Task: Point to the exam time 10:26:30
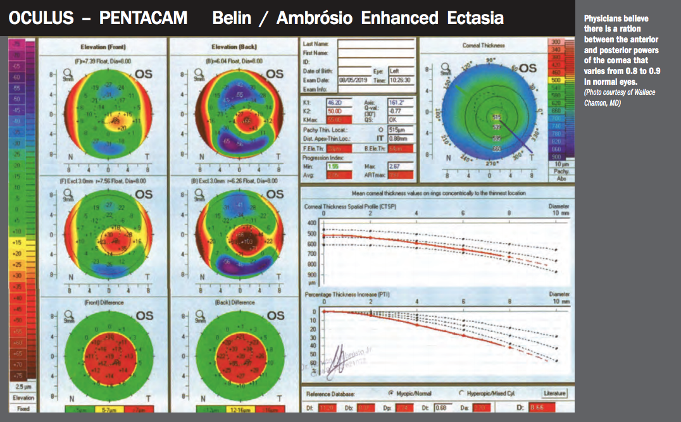403,80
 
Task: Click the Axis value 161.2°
397,101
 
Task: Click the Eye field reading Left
403,71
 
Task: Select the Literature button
554,394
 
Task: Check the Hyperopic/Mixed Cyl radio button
461,394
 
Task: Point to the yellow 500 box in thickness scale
556,80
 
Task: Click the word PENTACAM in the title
144,18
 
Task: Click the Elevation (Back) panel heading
231,47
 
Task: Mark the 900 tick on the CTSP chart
313,275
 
